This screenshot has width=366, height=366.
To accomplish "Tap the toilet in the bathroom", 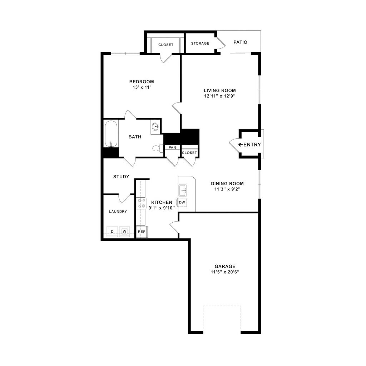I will [x=156, y=148].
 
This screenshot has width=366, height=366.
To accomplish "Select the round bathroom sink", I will [x=155, y=127].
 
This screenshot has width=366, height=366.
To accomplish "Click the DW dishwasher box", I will [x=182, y=203].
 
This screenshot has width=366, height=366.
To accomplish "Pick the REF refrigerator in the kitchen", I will [x=142, y=232].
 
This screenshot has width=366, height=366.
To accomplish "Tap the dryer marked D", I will [x=112, y=232].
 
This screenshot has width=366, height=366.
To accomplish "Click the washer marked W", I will [x=124, y=232].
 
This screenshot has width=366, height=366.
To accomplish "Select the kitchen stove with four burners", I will [x=140, y=203].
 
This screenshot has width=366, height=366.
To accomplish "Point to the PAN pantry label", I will [x=172, y=147].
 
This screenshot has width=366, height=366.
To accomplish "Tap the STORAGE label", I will [x=200, y=44].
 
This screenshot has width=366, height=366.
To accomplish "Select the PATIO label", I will [x=240, y=42].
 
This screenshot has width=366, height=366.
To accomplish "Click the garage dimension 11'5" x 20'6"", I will [x=225, y=272].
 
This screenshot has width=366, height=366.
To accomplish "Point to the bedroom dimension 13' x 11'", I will [x=142, y=87].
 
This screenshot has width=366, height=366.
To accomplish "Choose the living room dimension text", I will [x=220, y=96].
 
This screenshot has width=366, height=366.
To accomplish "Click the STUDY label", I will [x=121, y=177].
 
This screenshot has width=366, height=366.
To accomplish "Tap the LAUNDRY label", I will [x=118, y=212].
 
